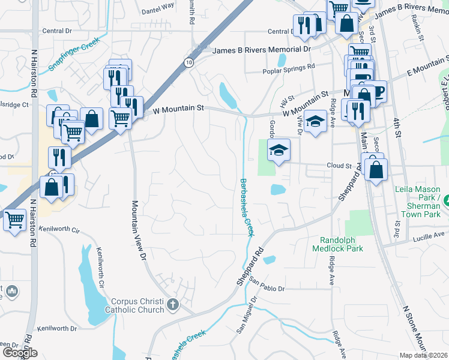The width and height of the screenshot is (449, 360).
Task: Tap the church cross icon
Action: (173, 304)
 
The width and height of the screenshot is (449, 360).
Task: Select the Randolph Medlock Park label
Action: (337, 244)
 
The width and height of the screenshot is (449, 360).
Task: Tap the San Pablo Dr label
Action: (267, 285)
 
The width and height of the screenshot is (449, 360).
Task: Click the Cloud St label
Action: (339, 166)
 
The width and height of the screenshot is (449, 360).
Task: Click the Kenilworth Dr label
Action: (57, 329)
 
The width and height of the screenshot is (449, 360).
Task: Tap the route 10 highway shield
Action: (189, 62)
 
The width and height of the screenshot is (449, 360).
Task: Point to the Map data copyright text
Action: (423, 355)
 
